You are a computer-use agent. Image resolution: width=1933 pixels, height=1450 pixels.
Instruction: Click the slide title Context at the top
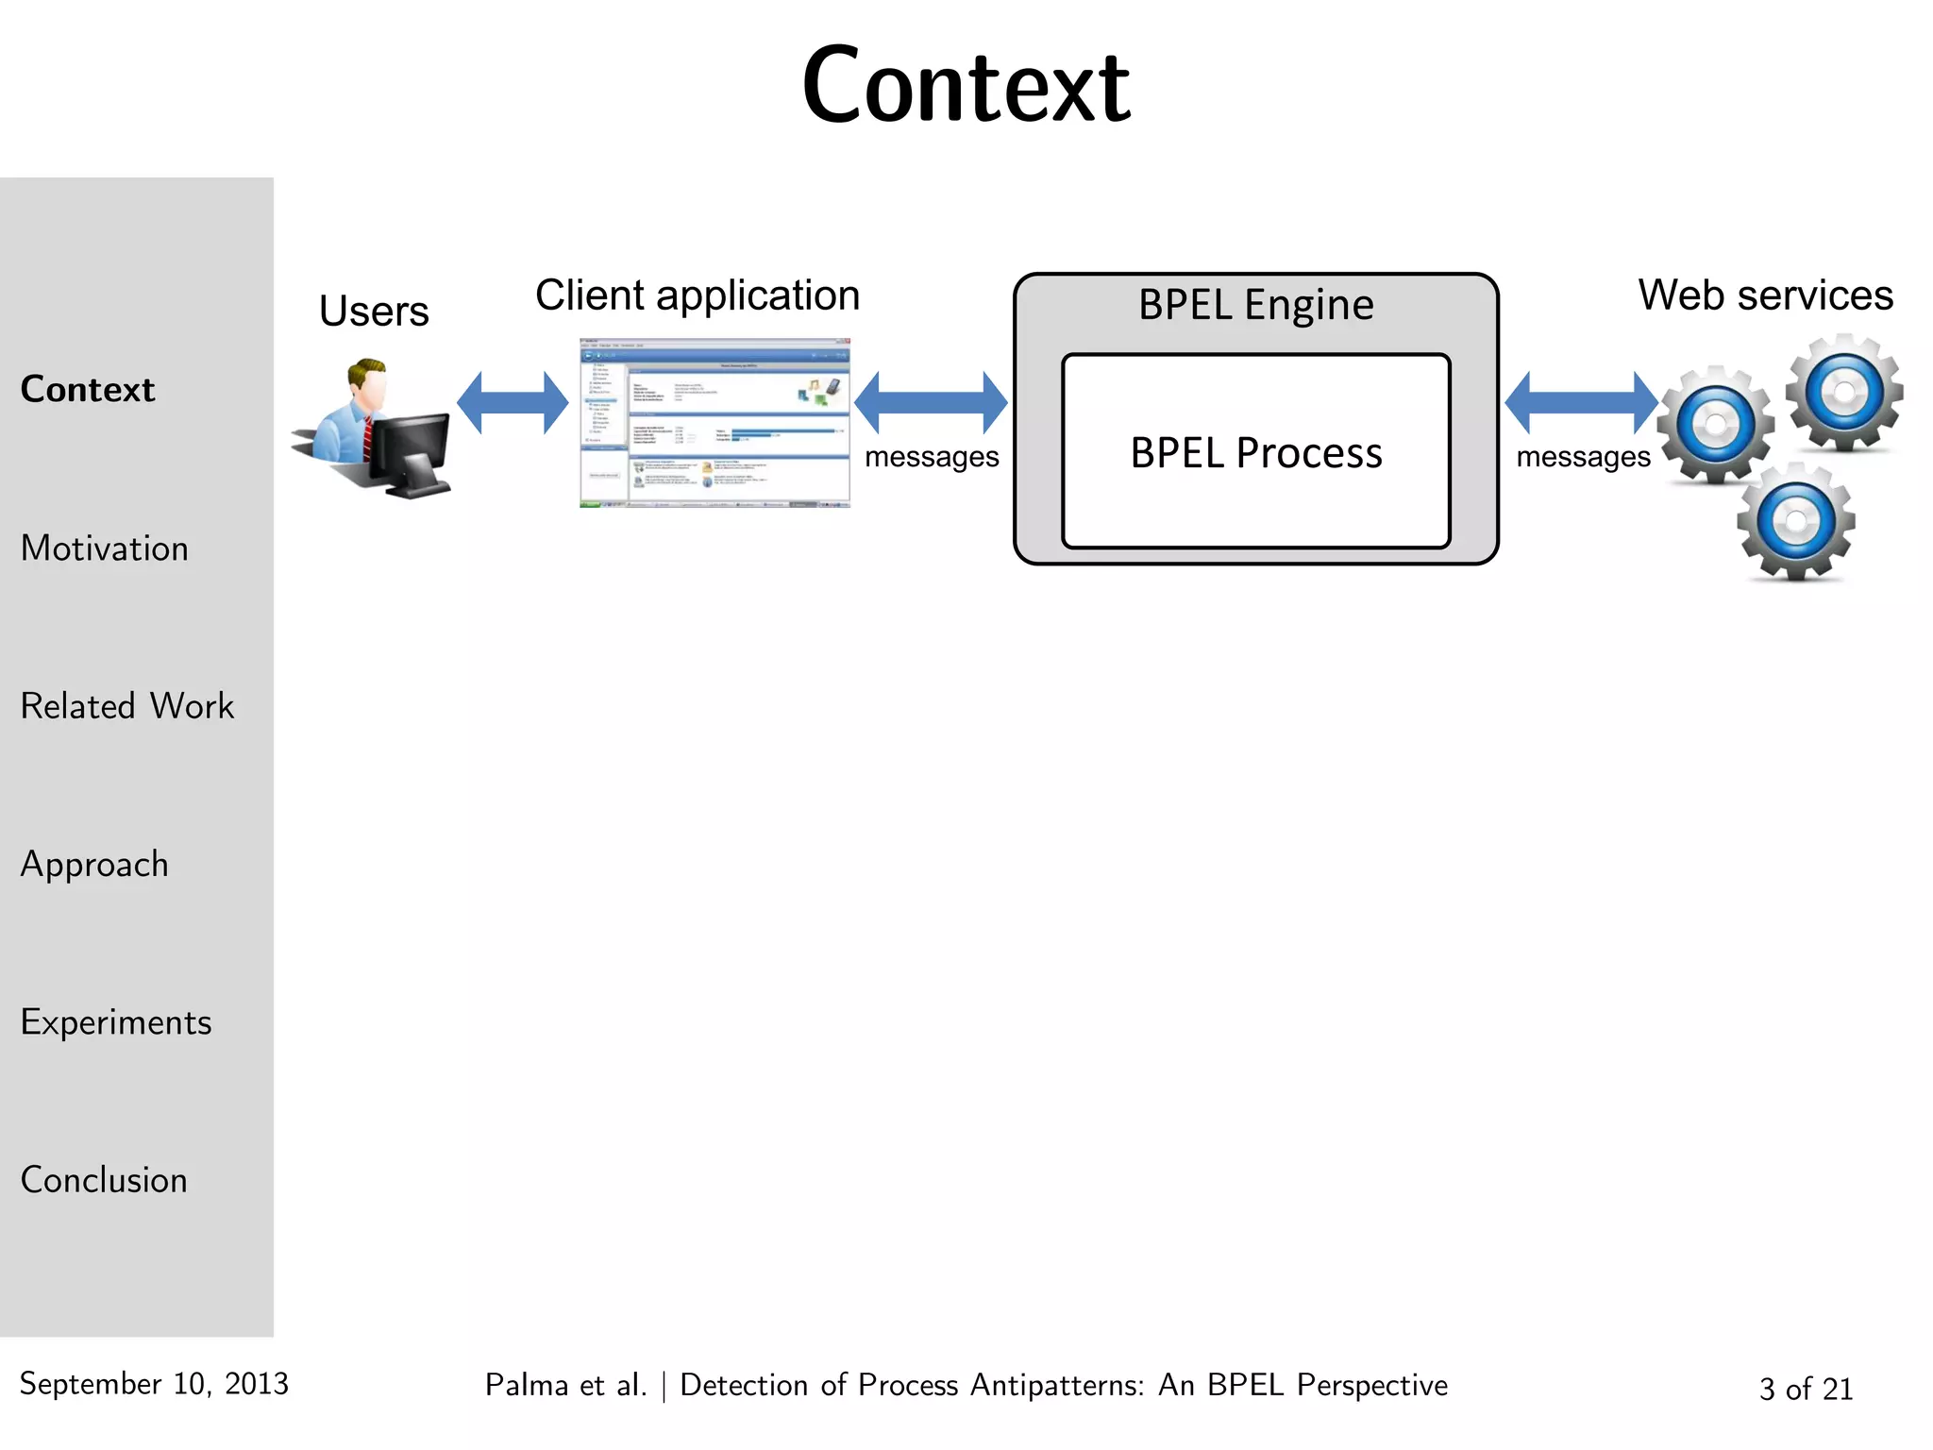click(966, 87)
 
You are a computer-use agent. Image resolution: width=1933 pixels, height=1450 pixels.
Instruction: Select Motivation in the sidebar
click(105, 548)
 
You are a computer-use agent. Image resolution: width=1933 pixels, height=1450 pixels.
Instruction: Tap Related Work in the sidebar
click(127, 706)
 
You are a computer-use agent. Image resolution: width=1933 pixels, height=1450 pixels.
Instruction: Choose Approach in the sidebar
click(94, 865)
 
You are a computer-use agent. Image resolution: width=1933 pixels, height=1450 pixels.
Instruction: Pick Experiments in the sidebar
click(116, 1022)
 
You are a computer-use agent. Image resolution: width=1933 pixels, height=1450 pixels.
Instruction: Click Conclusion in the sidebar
click(104, 1180)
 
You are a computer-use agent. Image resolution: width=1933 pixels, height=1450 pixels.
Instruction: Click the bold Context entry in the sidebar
click(88, 390)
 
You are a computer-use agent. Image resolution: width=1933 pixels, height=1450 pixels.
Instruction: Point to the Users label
click(374, 311)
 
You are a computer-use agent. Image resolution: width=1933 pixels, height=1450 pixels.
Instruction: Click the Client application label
click(698, 295)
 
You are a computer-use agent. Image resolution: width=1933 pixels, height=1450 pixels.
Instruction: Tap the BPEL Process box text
click(1256, 453)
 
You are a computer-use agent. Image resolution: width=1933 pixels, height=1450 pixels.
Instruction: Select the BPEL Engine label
click(1256, 305)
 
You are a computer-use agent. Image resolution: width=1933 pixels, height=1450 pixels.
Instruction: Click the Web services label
click(1765, 295)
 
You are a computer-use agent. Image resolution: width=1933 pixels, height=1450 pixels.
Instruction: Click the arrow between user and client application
click(513, 403)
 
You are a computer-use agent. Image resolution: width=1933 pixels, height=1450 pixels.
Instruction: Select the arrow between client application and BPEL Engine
click(931, 403)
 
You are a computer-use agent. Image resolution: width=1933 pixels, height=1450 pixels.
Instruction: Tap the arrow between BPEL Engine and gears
click(1581, 403)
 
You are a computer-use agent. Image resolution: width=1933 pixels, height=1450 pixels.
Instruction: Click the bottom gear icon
click(1796, 522)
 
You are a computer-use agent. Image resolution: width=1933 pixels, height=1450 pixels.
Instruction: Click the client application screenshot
click(714, 423)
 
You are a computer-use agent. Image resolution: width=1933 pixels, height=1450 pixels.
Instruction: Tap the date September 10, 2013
click(154, 1384)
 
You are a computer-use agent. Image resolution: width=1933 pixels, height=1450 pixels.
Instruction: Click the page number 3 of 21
click(1806, 1389)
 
